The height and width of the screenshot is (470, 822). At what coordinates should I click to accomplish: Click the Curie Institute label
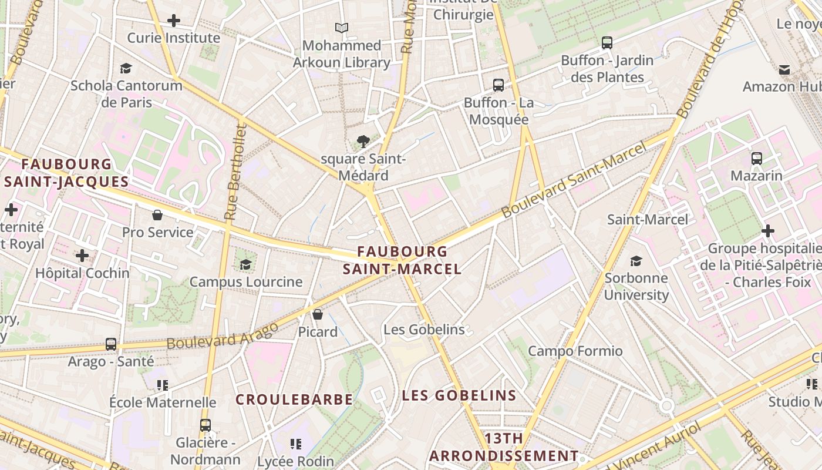pyautogui.click(x=174, y=38)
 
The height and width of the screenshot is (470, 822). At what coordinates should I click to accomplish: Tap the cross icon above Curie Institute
pyautogui.click(x=174, y=21)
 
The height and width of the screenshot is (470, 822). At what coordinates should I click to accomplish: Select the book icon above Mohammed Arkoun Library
pyautogui.click(x=341, y=28)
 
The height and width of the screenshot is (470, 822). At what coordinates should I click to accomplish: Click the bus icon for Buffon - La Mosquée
pyautogui.click(x=498, y=85)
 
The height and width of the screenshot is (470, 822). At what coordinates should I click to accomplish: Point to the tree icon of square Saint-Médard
pyautogui.click(x=363, y=141)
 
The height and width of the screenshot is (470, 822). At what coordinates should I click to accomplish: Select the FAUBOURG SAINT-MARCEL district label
pyautogui.click(x=402, y=260)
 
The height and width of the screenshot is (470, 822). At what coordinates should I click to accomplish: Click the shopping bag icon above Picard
pyautogui.click(x=318, y=314)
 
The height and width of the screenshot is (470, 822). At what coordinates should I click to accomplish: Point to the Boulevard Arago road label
pyautogui.click(x=223, y=335)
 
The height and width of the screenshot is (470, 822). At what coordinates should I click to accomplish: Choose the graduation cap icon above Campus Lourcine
pyautogui.click(x=245, y=264)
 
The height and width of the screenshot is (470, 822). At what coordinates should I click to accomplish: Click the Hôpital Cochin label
pyautogui.click(x=82, y=273)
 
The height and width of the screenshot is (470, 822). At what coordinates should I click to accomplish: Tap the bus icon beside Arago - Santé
pyautogui.click(x=111, y=344)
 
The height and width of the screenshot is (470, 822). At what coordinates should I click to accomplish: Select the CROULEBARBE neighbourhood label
pyautogui.click(x=294, y=399)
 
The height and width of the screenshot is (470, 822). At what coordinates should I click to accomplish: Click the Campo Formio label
pyautogui.click(x=575, y=351)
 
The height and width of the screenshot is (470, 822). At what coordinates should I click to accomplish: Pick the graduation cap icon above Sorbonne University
pyautogui.click(x=636, y=261)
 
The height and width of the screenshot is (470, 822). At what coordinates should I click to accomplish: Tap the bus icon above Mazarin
pyautogui.click(x=756, y=158)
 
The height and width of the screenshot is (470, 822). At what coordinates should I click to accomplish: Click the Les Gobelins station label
pyautogui.click(x=424, y=330)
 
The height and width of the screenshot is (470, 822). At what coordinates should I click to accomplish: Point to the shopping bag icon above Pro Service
pyautogui.click(x=157, y=215)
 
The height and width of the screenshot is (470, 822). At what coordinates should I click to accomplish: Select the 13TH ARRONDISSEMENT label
pyautogui.click(x=504, y=447)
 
